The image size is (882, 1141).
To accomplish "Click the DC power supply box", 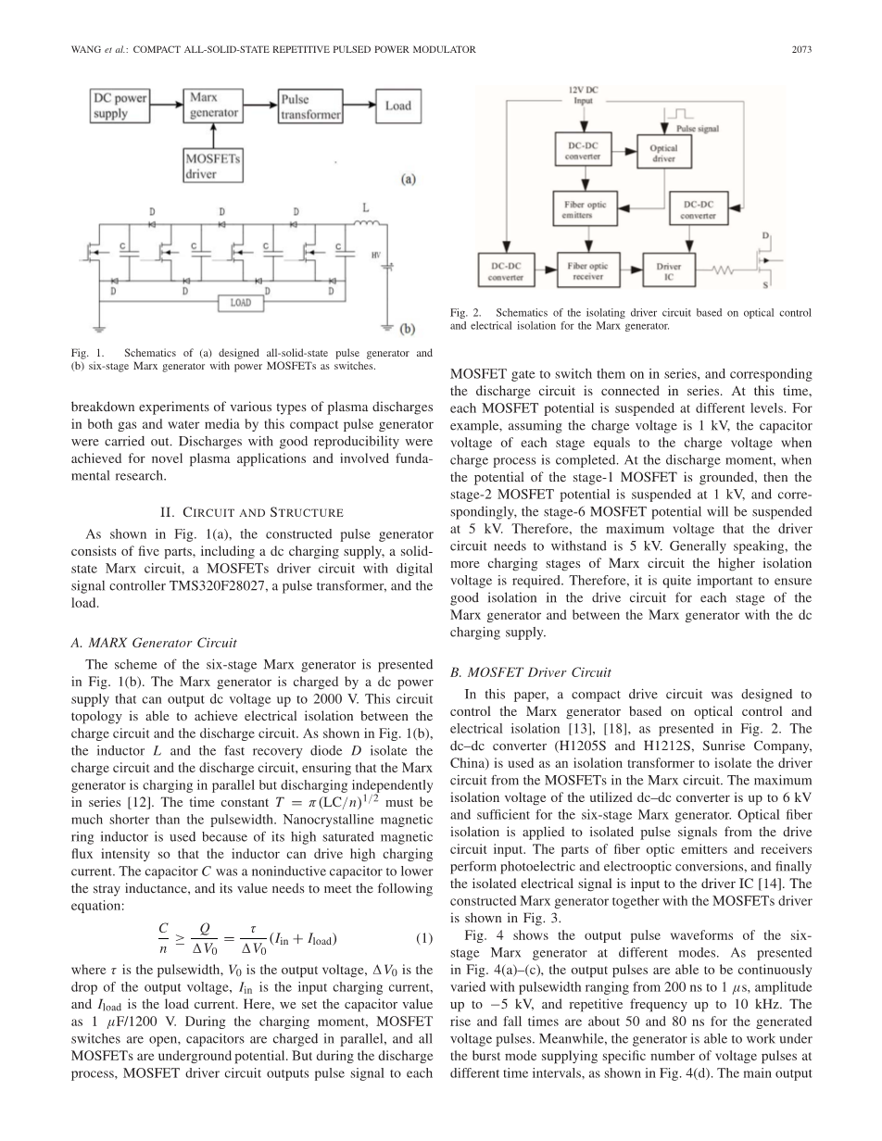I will [x=120, y=107].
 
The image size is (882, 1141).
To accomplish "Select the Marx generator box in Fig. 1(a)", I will [x=214, y=105].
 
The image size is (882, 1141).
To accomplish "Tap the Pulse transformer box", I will [x=310, y=107].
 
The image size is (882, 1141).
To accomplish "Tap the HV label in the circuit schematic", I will [x=376, y=255].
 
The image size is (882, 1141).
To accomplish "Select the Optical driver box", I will [x=663, y=152].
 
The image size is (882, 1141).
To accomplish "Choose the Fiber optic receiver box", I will [x=587, y=271].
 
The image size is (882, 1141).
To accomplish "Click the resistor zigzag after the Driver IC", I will [x=724, y=271].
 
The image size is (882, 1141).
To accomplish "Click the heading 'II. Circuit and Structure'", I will [x=251, y=512].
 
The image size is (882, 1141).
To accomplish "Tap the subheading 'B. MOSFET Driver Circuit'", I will [x=532, y=672].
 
